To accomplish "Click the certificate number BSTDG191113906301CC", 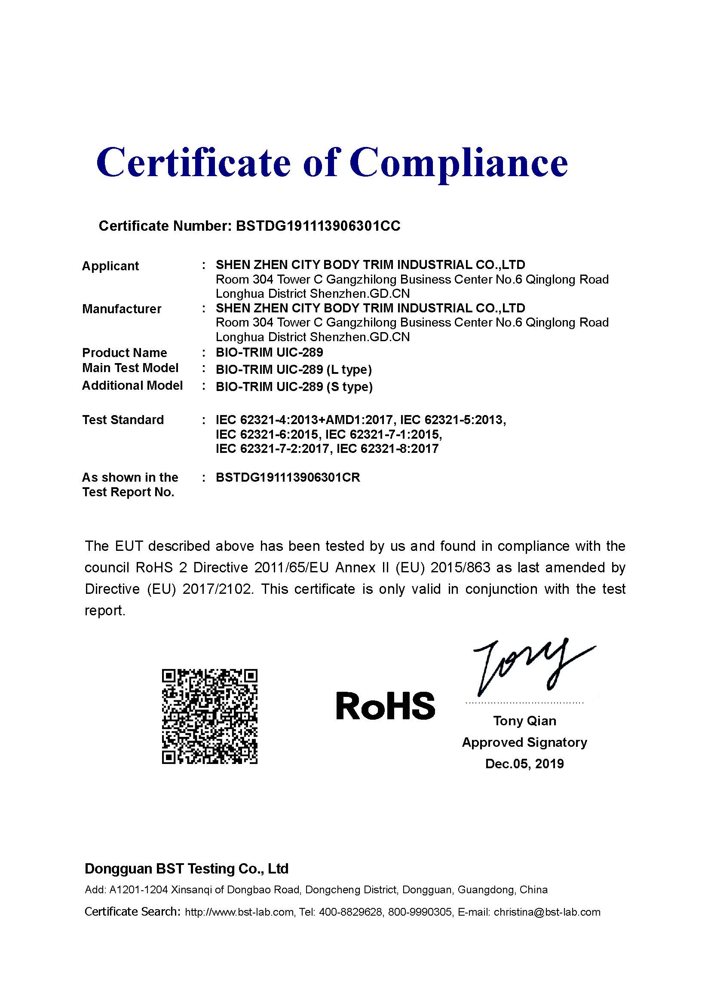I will click(318, 226).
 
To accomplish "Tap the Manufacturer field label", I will click(122, 309).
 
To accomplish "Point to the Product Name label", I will click(125, 353).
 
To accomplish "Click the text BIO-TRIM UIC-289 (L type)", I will click(294, 370).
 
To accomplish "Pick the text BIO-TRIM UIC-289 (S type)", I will click(294, 387).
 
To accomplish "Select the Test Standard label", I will click(123, 420).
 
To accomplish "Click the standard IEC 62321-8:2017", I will click(387, 449).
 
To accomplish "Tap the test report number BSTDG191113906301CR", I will click(288, 477).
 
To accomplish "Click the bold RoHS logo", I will click(386, 706).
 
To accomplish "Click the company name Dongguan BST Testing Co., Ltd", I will click(187, 869).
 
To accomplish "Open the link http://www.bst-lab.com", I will click(239, 912).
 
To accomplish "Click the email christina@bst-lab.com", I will click(547, 912).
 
